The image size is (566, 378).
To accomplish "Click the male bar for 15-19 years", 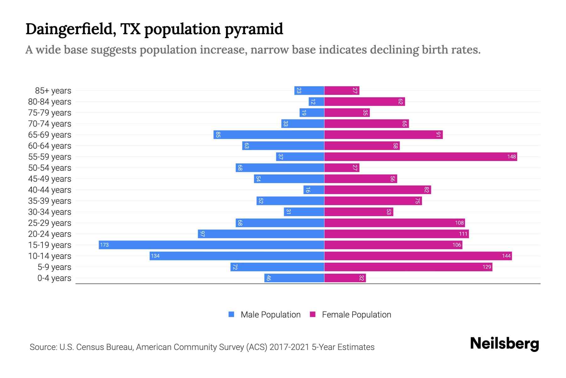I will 211,245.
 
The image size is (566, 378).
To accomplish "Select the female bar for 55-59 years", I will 420,157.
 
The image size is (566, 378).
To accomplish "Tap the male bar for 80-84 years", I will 316,101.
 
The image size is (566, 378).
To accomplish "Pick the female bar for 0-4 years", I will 345,278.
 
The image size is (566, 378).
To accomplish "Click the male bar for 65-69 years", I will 269,135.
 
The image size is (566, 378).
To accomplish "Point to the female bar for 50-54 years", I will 341,168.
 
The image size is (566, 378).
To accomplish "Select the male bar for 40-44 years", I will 314,190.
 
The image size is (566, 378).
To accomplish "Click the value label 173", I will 104,245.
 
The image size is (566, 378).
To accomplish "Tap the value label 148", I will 511,157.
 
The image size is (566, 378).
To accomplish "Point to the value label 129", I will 486,267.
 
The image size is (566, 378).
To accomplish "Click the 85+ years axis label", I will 53,91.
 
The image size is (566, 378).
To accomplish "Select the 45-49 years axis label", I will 50,179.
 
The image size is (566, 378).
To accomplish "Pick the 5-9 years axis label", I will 54,267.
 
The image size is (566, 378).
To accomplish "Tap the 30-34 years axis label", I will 50,212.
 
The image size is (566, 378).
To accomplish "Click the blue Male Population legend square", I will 231,314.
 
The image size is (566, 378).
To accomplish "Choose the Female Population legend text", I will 356,315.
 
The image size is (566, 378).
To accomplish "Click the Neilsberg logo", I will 504,344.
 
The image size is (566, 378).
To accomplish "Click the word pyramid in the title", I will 254,29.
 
